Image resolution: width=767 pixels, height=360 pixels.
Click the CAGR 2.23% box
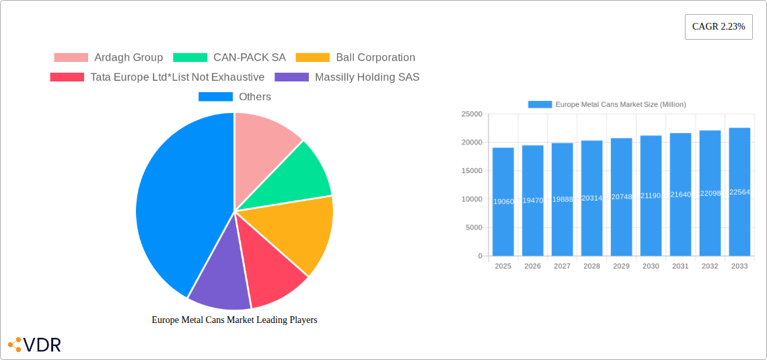[x=718, y=27]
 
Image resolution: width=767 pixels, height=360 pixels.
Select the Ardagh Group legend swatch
[x=71, y=58]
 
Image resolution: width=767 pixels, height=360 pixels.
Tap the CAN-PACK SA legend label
[x=250, y=58]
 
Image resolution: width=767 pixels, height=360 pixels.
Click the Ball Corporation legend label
[x=375, y=58]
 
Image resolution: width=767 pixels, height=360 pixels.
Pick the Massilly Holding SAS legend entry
[x=367, y=77]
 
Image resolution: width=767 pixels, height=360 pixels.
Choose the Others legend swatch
[x=215, y=97]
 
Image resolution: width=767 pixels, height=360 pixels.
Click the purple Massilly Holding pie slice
[x=219, y=279]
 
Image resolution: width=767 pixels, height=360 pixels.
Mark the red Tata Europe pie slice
[x=269, y=269]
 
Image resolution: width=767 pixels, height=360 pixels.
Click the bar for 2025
[x=503, y=202]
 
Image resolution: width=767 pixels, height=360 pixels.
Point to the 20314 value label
[x=591, y=199]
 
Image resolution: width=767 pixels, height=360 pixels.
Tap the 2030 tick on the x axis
[x=651, y=266]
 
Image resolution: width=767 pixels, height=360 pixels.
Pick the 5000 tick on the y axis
[x=474, y=227]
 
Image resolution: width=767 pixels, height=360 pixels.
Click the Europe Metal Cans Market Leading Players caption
[x=234, y=320]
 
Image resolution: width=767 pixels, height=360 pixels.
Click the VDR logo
[x=34, y=345]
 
